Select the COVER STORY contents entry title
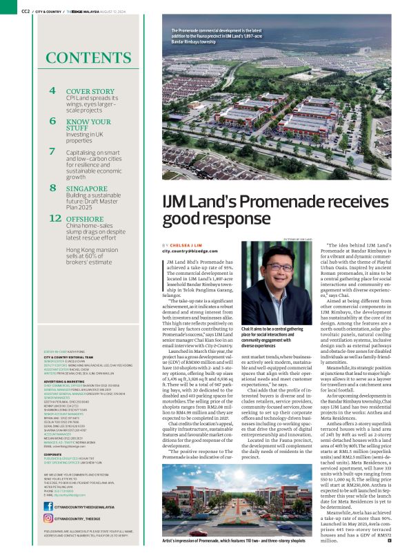coord(90,91)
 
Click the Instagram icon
coord(48,518)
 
